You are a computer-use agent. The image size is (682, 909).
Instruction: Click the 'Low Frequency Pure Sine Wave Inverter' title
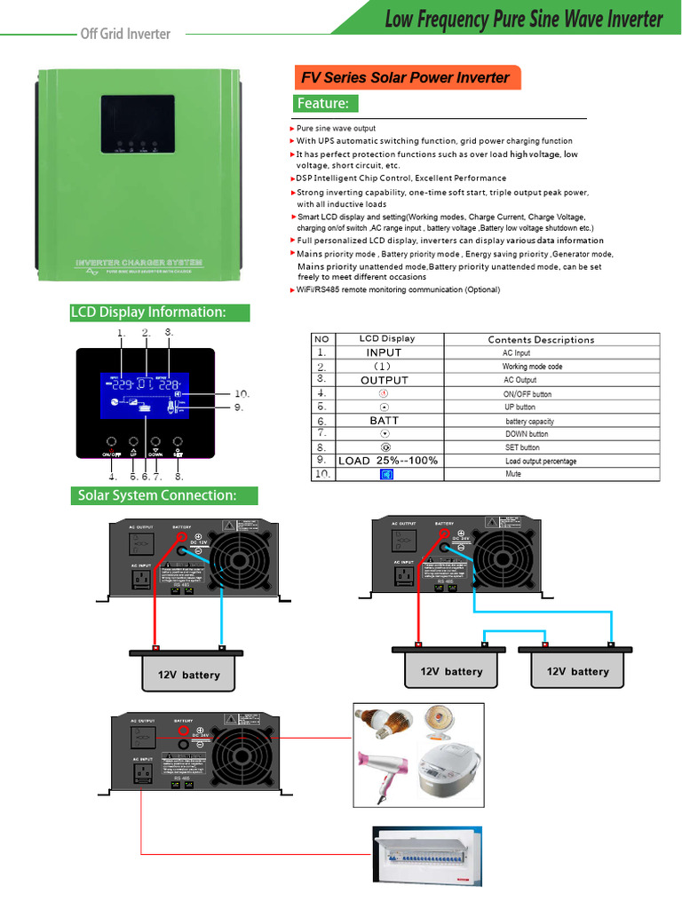coord(523,20)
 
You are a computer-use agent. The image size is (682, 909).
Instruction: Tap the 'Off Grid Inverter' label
coord(125,34)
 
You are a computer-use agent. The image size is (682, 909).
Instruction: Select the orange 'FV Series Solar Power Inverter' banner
coord(405,77)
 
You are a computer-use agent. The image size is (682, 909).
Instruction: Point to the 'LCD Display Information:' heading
coord(160,312)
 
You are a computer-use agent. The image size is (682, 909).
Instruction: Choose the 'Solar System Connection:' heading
coord(164,495)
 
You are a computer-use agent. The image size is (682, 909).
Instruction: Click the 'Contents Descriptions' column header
coord(541,339)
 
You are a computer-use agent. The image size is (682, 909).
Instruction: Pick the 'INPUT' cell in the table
coord(385,352)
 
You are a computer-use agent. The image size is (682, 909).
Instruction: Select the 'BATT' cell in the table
coord(385,421)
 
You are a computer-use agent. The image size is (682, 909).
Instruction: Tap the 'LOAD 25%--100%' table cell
coord(388,461)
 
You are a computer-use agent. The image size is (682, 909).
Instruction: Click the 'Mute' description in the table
coord(513,474)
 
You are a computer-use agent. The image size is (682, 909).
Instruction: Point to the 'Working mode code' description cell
coord(532,367)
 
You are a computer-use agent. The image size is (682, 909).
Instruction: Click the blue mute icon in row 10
coord(385,475)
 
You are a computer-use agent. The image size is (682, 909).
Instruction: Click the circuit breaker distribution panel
coord(427,857)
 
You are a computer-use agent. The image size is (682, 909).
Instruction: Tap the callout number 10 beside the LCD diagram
coord(242,393)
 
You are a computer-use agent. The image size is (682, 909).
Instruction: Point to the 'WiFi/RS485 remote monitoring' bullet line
coord(398,290)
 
